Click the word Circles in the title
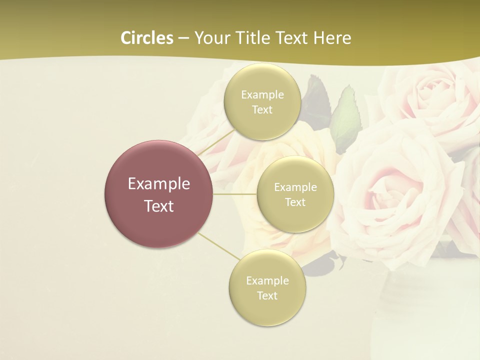tap(147, 38)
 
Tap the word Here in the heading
tap(332, 38)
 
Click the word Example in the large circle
tap(158, 184)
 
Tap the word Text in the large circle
tap(158, 206)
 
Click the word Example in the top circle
tap(262, 95)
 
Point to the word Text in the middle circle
tap(295, 202)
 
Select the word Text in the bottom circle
tap(267, 295)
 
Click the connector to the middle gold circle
tap(235, 194)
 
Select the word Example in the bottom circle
tap(267, 280)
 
